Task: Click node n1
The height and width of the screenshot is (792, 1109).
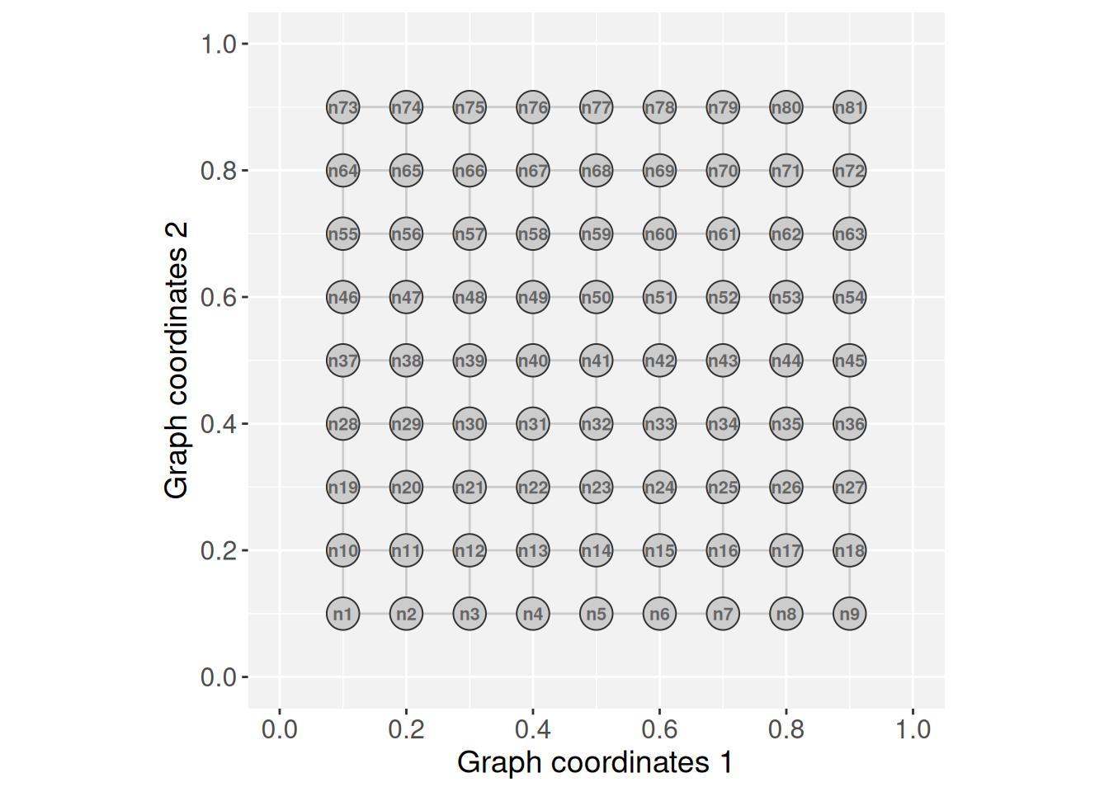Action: (342, 614)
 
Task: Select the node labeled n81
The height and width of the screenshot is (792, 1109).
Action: (849, 107)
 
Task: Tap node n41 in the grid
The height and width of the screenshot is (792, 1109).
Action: (596, 361)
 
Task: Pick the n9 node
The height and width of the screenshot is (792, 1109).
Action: (849, 614)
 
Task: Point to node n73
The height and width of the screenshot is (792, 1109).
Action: (342, 107)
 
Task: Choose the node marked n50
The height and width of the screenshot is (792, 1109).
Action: (596, 297)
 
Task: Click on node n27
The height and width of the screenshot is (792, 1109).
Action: (849, 488)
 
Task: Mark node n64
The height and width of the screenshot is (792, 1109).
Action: (342, 171)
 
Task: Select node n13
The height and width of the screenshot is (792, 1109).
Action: (532, 550)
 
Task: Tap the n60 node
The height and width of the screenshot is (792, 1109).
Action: (659, 234)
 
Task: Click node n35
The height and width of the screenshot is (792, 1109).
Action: (786, 424)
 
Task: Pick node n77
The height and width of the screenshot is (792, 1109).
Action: (596, 107)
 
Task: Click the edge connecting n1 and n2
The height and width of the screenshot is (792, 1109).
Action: (375, 614)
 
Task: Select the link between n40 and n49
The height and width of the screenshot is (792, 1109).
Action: (532, 329)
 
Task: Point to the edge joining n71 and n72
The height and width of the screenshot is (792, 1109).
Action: (818, 171)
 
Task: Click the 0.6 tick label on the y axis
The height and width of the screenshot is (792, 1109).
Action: (218, 297)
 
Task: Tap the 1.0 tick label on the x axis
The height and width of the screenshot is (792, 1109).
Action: (913, 729)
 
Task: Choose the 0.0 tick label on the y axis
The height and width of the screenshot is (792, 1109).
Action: (218, 677)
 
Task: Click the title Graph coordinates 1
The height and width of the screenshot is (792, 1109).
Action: (594, 762)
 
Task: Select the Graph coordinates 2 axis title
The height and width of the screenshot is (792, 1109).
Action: (177, 361)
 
